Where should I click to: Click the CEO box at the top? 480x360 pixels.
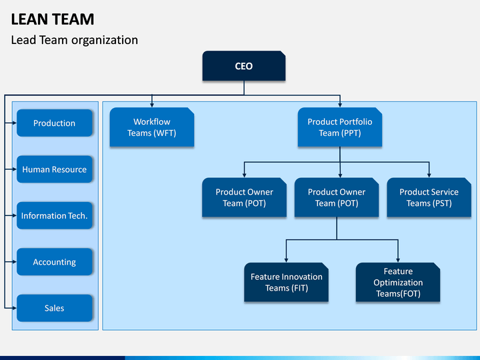pyautogui.click(x=244, y=66)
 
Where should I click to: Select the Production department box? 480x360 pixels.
pyautogui.click(x=55, y=123)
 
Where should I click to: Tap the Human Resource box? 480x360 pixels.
pyautogui.click(x=55, y=169)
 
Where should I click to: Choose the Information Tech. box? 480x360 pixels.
pyautogui.click(x=55, y=215)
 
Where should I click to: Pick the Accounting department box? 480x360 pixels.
pyautogui.click(x=55, y=262)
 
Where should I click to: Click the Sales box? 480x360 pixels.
pyautogui.click(x=55, y=308)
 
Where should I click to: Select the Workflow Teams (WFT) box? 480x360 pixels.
pyautogui.click(x=152, y=127)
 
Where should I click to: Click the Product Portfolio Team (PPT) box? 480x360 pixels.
pyautogui.click(x=340, y=127)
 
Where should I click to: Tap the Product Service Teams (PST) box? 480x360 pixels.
pyautogui.click(x=429, y=197)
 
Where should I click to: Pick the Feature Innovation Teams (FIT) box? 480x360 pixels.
pyautogui.click(x=286, y=282)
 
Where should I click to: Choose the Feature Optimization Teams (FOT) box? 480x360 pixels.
pyautogui.click(x=398, y=282)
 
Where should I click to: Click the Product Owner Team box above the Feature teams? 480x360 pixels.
pyautogui.click(x=337, y=197)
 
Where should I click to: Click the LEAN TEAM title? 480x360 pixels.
pyautogui.click(x=53, y=19)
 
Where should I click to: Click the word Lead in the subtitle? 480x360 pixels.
pyautogui.click(x=23, y=40)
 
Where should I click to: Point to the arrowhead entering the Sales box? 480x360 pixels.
pyautogui.click(x=15, y=308)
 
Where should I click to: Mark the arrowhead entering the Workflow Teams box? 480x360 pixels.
pyautogui.click(x=152, y=105)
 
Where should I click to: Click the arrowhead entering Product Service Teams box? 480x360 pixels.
pyautogui.click(x=429, y=175)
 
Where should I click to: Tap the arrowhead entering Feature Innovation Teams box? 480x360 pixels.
pyautogui.click(x=286, y=260)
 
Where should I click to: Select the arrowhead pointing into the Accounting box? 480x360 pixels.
pyautogui.click(x=15, y=262)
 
